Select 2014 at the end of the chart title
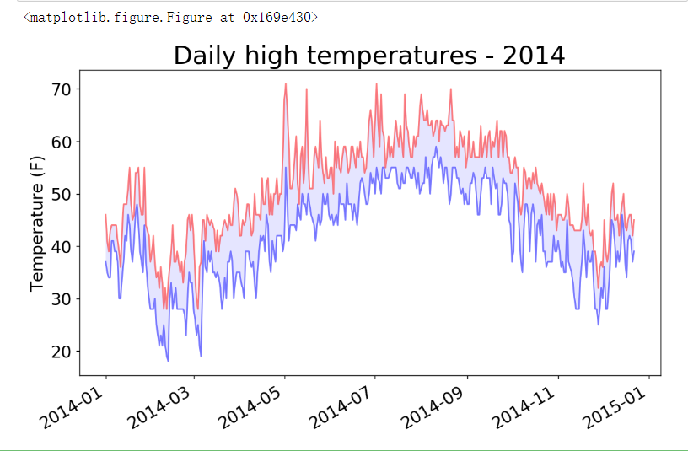[x=533, y=56]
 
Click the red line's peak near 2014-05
[x=286, y=84]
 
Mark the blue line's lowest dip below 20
[x=168, y=361]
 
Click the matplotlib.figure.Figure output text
[x=171, y=17]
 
